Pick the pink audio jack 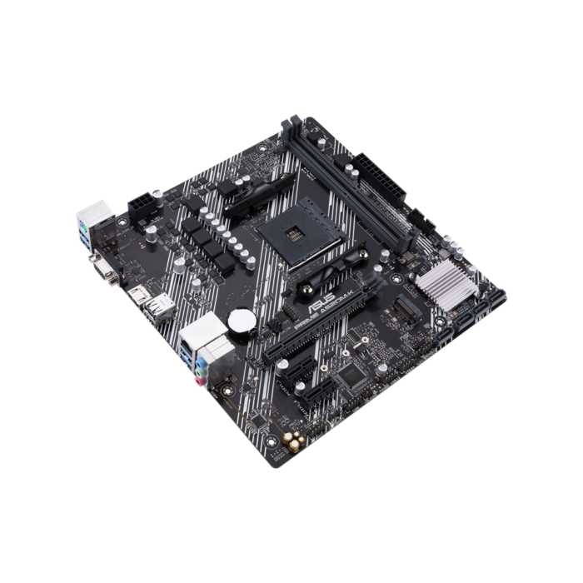click(200, 381)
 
